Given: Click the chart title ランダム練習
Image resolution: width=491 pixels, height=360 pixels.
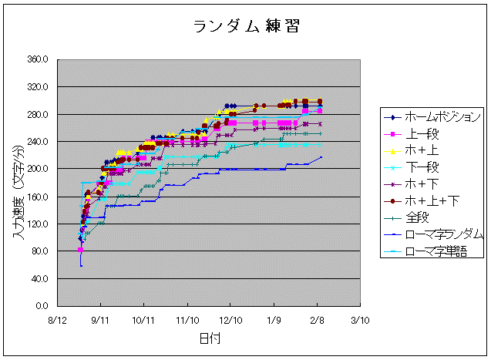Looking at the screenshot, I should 245,27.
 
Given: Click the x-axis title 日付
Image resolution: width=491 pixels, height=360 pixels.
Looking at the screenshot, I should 208,338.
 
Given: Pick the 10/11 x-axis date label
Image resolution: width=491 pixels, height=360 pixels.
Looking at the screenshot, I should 143,318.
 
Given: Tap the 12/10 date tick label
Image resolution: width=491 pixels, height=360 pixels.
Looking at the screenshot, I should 230,318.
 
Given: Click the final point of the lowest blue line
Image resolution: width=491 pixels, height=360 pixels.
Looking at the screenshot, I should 321,157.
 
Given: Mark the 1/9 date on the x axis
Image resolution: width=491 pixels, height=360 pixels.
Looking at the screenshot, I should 274,318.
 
